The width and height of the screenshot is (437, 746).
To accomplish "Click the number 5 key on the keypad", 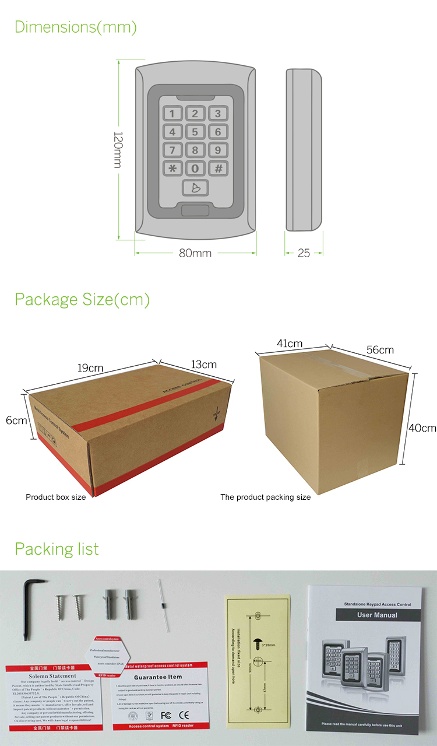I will (x=195, y=132).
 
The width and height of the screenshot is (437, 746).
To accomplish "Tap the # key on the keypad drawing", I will (x=218, y=169).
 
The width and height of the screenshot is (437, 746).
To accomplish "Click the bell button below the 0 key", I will (x=195, y=188).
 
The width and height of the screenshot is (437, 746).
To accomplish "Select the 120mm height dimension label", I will (x=117, y=149).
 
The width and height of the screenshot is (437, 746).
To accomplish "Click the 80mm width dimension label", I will (x=194, y=253).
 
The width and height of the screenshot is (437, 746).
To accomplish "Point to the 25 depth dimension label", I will (x=303, y=253).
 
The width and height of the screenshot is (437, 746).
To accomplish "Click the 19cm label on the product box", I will (x=90, y=368).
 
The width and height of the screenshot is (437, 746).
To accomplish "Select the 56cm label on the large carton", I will (x=380, y=350).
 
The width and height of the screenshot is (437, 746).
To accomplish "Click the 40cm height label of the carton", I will (x=422, y=428).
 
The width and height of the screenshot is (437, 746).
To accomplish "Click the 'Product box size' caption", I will (x=55, y=497).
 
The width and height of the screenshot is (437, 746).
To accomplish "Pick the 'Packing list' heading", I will (x=57, y=549).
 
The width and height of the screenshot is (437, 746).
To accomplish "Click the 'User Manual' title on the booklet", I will (x=377, y=615).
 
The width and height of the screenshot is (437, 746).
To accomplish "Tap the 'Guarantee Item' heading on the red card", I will (x=158, y=677).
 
